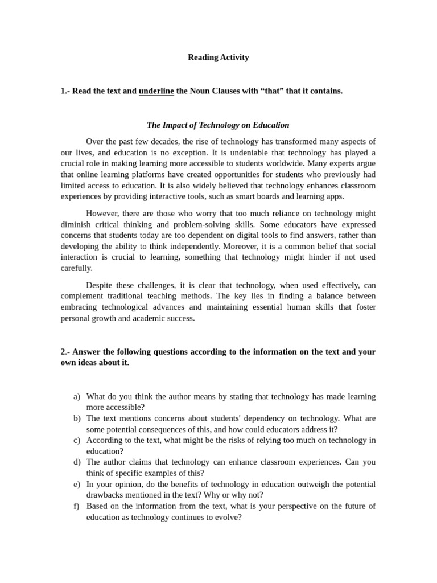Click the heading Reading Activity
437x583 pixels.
click(x=218, y=58)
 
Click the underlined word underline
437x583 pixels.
click(x=156, y=91)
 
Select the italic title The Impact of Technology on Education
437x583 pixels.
click(x=218, y=125)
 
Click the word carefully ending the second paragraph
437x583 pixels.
click(x=76, y=268)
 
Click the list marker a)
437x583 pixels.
click(x=77, y=397)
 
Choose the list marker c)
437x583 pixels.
click(x=77, y=440)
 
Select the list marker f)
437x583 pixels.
click(x=77, y=506)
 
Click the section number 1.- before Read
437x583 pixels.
click(x=65, y=91)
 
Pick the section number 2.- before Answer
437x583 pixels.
click(x=65, y=352)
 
